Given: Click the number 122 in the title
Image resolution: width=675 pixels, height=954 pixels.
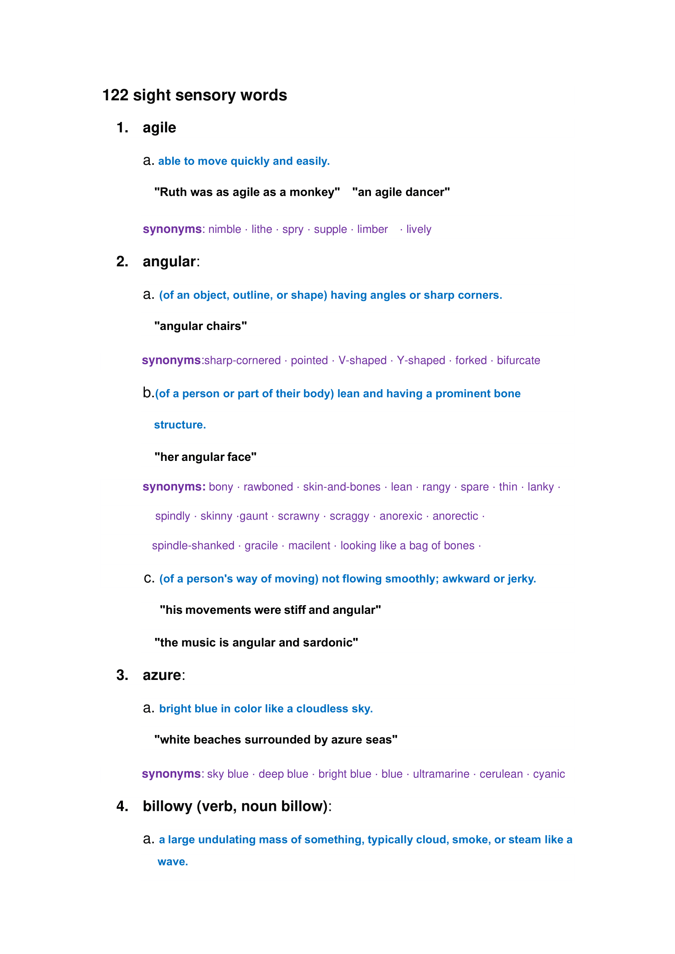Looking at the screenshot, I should coord(115,95).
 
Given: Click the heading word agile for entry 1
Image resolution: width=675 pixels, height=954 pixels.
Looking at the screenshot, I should coord(159,128).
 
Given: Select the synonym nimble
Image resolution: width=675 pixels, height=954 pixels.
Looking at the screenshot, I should coord(224,229).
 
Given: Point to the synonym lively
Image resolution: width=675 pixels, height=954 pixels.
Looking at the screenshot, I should coord(419,229).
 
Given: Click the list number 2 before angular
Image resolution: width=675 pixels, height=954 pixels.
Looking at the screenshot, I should coord(122,261).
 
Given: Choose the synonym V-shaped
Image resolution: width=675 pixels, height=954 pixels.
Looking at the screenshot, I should coord(362,360).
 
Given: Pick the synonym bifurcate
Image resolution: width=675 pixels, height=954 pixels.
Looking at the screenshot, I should coord(518,360).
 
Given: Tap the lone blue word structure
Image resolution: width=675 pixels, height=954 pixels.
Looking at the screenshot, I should coord(180,425).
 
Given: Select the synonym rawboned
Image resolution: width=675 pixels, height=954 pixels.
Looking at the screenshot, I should coord(268,487).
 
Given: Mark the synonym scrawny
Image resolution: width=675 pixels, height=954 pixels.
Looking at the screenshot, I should coord(298,516).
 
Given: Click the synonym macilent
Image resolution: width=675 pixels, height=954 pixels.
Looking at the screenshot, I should coord(309,546).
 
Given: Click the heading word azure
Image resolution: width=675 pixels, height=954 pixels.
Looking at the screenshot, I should coord(162,675).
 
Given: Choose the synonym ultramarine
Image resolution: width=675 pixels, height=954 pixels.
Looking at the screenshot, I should coord(441,774).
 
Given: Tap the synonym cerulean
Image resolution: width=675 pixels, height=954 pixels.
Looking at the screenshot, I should coord(501,774).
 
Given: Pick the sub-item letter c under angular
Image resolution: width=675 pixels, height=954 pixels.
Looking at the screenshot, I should coord(149,578).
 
